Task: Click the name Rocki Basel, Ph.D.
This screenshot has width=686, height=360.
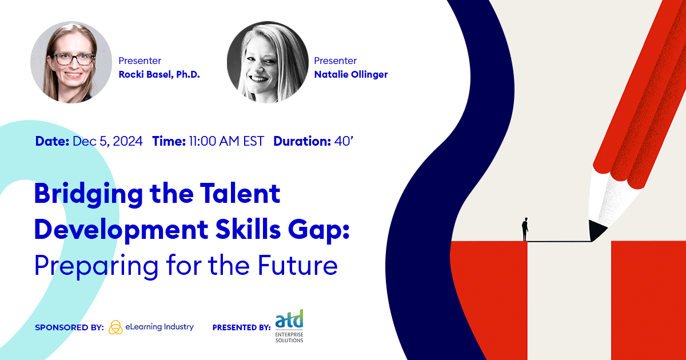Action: pyautogui.click(x=159, y=75)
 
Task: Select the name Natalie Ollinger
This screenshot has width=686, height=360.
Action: pyautogui.click(x=351, y=75)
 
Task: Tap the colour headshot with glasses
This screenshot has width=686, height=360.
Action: pyautogui.click(x=71, y=62)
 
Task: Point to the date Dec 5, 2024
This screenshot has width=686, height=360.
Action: pyautogui.click(x=107, y=141)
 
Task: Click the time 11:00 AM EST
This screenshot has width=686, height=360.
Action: pyautogui.click(x=226, y=141)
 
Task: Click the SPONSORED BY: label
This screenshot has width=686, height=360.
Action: pyautogui.click(x=69, y=327)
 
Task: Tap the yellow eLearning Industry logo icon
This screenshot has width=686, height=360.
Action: pyautogui.click(x=115, y=327)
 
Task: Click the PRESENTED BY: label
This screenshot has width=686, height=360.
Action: pyautogui.click(x=241, y=327)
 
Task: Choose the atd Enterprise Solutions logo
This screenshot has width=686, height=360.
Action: pyautogui.click(x=289, y=326)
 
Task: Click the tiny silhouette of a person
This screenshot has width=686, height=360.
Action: pyautogui.click(x=524, y=229)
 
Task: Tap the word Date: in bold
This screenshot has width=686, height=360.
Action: pyautogui.click(x=53, y=141)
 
